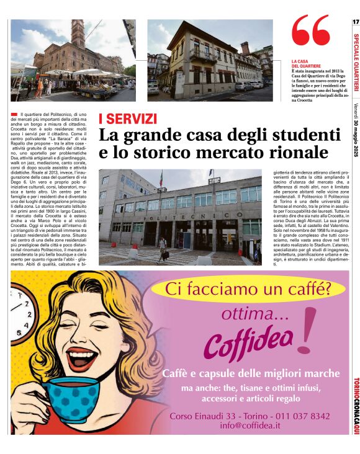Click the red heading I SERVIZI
128,118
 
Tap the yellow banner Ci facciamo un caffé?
247,288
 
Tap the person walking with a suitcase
163,247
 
